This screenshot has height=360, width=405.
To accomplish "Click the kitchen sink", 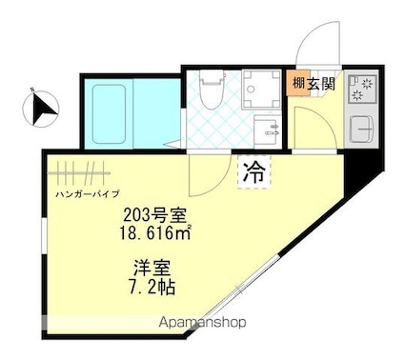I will (362, 128).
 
